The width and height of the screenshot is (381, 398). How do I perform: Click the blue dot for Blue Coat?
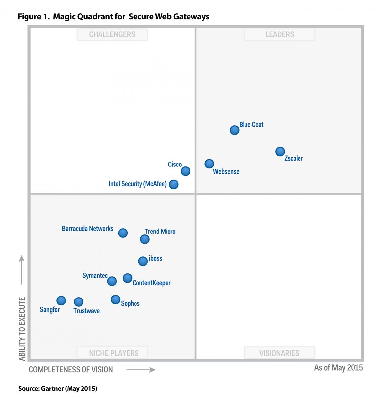(x=235, y=130)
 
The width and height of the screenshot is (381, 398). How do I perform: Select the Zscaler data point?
(x=280, y=152)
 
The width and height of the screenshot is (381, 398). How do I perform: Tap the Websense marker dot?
(x=209, y=164)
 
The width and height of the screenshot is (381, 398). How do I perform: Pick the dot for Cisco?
(x=186, y=171)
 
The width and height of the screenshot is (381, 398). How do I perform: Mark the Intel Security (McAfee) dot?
(x=173, y=184)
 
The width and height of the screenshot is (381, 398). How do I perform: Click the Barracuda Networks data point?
(x=123, y=233)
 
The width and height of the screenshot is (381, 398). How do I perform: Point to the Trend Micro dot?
(x=145, y=239)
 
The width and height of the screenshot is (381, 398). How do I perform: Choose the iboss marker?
(x=143, y=261)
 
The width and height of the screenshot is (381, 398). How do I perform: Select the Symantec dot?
(x=112, y=281)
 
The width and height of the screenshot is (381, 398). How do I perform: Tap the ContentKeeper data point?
(x=128, y=278)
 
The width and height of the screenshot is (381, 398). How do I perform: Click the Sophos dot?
(x=115, y=300)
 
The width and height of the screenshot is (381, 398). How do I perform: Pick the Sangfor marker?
(x=61, y=301)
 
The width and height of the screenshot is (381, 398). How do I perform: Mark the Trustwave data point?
(x=79, y=302)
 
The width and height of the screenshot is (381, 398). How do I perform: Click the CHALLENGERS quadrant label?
(x=112, y=34)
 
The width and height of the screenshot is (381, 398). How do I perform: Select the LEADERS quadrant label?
(x=280, y=34)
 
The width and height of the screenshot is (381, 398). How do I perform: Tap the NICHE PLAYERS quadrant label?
(x=114, y=353)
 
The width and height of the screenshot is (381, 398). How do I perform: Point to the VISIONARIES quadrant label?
(x=279, y=353)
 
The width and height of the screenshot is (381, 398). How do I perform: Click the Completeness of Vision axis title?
(x=71, y=370)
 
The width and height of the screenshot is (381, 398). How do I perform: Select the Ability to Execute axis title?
(x=22, y=329)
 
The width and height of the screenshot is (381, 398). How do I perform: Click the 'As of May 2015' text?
(x=338, y=368)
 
